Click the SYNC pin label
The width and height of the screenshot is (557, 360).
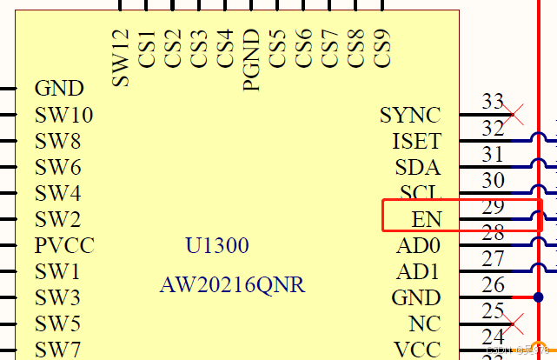click(409, 115)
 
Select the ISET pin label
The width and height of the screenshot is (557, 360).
click(416, 141)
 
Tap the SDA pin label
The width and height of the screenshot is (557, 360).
click(417, 167)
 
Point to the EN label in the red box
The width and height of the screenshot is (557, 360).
click(427, 219)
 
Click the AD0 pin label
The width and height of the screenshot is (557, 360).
click(418, 246)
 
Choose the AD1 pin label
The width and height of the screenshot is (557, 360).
click(418, 272)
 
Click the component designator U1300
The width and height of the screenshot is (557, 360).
click(217, 246)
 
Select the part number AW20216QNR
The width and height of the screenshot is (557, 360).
click(233, 285)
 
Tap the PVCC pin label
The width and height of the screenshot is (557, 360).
click(64, 245)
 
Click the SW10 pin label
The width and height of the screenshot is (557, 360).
click(64, 115)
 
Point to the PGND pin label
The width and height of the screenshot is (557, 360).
click(251, 59)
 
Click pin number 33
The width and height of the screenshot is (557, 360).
click(493, 103)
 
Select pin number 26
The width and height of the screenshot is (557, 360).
click(493, 285)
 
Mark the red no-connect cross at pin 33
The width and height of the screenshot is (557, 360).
click(514, 114)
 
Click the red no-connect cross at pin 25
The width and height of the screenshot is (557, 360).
click(514, 323)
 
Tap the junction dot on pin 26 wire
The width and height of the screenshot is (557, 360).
click(539, 297)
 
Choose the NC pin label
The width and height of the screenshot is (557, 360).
click(425, 323)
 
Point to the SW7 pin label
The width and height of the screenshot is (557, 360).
click(58, 350)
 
